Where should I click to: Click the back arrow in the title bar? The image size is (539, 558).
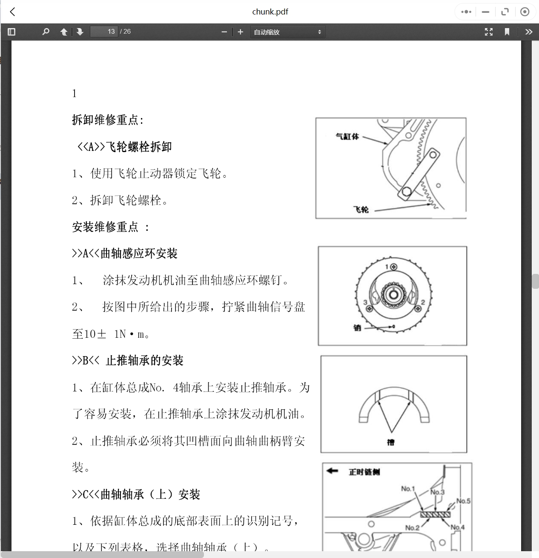pos(13,12)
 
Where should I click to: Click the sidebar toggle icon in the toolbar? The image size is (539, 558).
pos(11,32)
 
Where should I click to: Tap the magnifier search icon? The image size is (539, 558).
pos(46,32)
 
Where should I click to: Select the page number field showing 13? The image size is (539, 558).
pos(104,32)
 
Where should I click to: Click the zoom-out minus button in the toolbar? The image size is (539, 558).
pos(224,32)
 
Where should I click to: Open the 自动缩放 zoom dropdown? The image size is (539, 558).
pos(287,32)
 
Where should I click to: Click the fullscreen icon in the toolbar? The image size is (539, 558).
pos(489,32)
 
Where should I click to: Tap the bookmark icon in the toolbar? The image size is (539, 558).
pos(507,32)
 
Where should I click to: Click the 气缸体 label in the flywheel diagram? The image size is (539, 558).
pos(347,136)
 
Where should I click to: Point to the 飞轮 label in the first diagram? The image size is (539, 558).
pos(361,209)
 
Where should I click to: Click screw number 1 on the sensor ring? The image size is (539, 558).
pos(393,267)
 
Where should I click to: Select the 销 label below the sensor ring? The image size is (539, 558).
pos(357,327)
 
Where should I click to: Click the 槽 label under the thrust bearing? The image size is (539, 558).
pos(391,442)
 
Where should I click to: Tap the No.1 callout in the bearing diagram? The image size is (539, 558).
pos(407,489)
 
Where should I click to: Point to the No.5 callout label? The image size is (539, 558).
pos(463,501)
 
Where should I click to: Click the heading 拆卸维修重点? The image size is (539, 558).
pos(108,120)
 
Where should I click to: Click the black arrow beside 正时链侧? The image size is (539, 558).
pos(332,471)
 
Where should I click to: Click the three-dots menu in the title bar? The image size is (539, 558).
pos(466,12)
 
